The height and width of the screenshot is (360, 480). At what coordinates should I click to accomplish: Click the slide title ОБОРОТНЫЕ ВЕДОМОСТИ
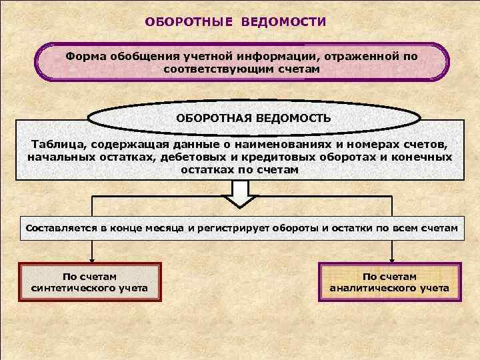coord(236,22)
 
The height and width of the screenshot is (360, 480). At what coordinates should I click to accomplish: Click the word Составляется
coord(59,228)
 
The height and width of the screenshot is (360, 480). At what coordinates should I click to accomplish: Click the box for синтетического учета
coord(89,283)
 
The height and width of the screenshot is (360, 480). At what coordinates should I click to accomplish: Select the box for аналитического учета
coord(389,283)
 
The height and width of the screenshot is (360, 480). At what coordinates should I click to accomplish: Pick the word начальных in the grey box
coord(59,157)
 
